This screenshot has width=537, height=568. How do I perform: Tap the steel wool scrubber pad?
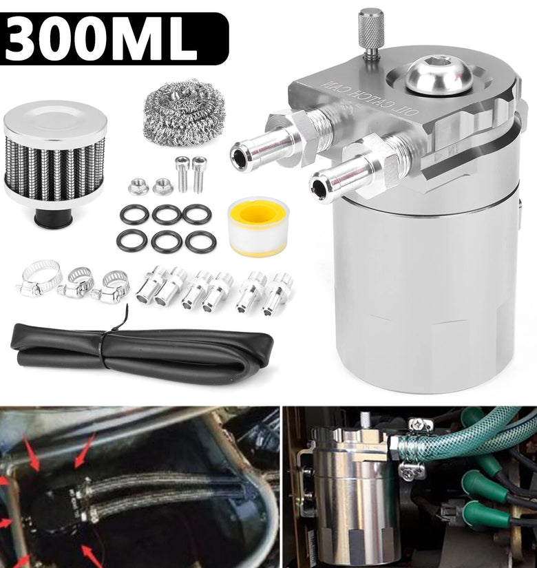click(184, 112)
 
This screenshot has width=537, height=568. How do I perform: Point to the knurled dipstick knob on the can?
click(371, 31)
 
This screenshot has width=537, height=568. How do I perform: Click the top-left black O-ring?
click(134, 214)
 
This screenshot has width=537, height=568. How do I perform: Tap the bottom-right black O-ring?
click(200, 242)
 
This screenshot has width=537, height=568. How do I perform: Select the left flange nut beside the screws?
click(138, 187)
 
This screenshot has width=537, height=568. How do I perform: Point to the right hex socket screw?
click(199, 174)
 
